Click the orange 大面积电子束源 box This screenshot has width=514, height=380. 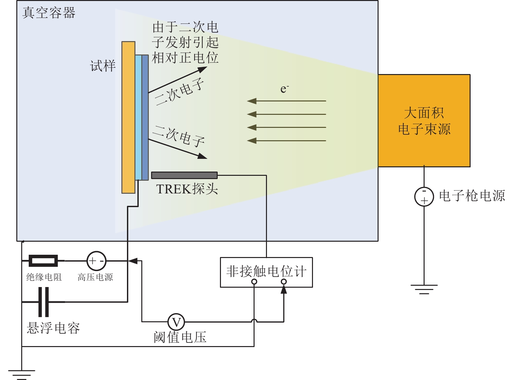pos(424,120)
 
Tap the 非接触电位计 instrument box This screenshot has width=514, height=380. pos(266,272)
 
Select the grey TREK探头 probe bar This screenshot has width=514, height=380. pos(184,175)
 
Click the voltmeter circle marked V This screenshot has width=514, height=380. pos(176,322)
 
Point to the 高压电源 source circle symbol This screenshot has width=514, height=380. pos(96,261)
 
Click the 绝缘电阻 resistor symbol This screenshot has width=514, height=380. pos(43,261)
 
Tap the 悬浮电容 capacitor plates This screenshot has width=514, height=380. pos(43,302)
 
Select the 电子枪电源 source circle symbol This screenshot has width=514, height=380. pos(424,196)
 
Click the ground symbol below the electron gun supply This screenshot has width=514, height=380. pos(424,289)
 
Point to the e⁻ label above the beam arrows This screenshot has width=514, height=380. pos(284,89)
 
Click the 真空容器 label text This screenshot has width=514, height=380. pos(49,12)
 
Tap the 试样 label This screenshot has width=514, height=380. pos(103,66)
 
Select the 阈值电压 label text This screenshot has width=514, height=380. pos(180,337)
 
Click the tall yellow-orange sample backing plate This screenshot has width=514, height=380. pos(128,117)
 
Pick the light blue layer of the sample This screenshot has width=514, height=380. pos(138,117)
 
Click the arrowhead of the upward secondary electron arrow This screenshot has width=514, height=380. pos(202,69)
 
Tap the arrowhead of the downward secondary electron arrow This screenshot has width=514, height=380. pos(202,156)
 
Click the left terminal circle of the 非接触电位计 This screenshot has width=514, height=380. pos(254,281)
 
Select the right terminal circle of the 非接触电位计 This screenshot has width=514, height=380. pos(284,281)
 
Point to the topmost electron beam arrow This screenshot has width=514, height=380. pos(287,101)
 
